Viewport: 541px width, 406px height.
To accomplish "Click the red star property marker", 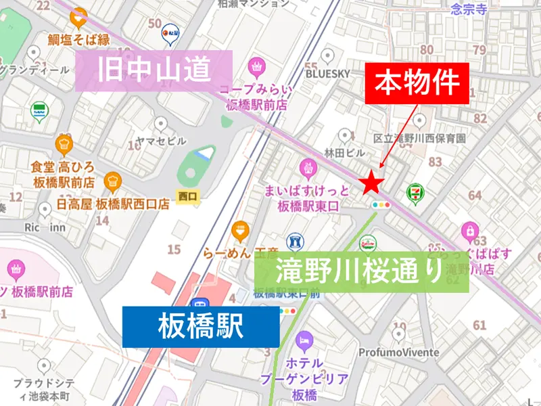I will [371, 183].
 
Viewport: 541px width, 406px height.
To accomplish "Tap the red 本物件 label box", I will [417, 85].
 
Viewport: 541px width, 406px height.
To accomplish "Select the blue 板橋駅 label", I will [200, 328].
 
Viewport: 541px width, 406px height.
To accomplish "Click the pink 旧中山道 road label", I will [155, 70].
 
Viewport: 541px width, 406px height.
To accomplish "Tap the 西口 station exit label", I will [187, 196].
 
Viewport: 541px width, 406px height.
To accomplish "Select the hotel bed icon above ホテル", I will [304, 338].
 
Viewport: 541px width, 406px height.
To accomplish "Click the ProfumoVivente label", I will [398, 353].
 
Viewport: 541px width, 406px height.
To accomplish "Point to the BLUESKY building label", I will [329, 72].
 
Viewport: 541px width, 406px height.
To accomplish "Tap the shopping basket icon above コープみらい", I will [256, 66].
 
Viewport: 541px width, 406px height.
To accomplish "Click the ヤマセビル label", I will [161, 140].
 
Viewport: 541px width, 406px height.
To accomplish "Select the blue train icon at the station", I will [198, 305].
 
